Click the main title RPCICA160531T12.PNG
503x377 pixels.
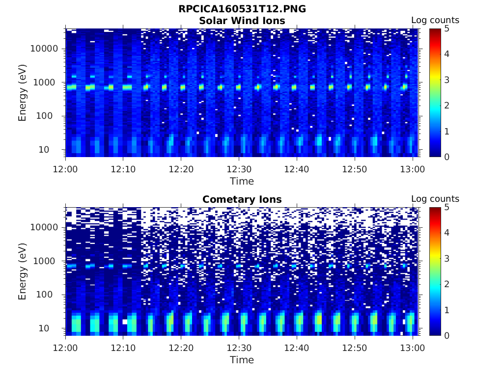[242, 9]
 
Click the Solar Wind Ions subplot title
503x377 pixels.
[242, 21]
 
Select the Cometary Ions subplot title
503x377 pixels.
[242, 199]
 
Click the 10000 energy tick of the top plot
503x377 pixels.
[45, 49]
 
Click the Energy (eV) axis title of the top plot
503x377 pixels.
[23, 93]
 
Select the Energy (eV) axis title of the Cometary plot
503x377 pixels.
[23, 271]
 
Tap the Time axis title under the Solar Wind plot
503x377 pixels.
[242, 181]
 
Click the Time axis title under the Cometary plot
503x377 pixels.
[242, 360]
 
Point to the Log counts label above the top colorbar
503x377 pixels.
[435, 20]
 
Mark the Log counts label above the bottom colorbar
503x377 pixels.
[435, 199]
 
